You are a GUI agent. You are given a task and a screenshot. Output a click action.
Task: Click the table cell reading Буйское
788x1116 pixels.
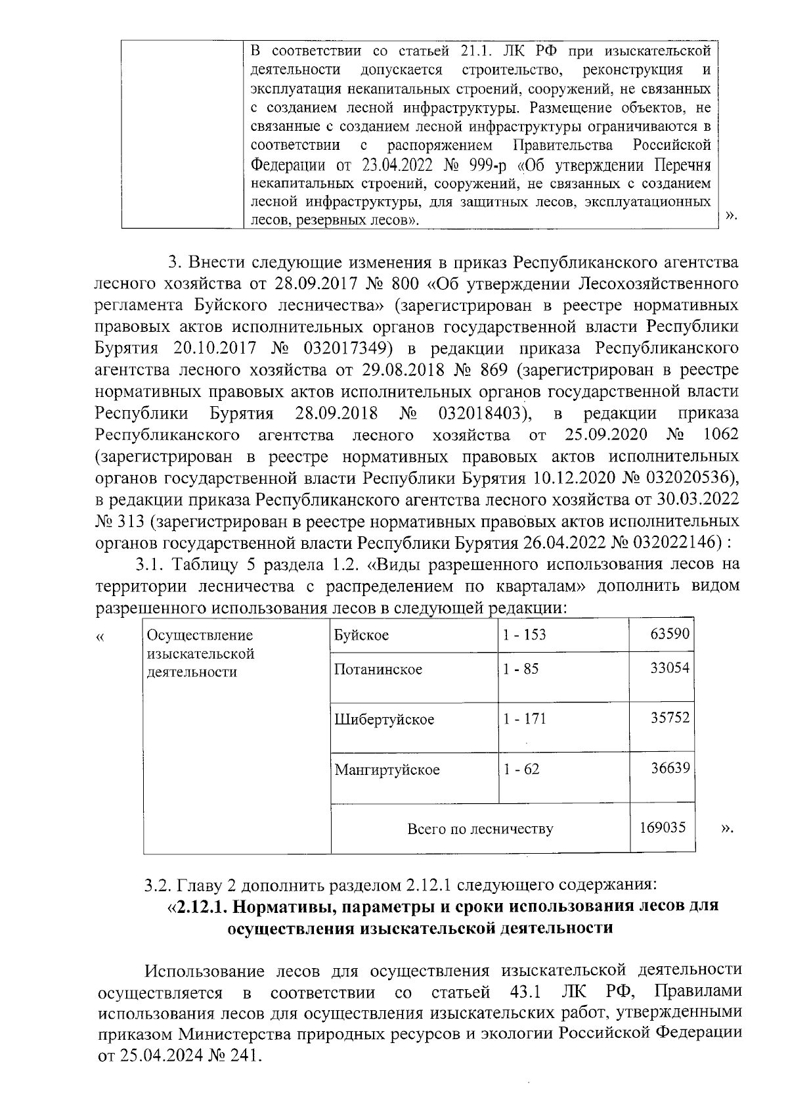click(361, 636)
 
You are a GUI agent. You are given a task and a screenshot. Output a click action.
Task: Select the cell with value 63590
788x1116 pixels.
click(670, 635)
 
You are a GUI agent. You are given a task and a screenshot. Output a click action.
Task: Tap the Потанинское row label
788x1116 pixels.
click(378, 670)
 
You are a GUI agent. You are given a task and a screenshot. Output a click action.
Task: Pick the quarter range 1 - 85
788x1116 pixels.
click(521, 670)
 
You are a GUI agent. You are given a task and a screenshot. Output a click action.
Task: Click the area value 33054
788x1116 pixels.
click(670, 668)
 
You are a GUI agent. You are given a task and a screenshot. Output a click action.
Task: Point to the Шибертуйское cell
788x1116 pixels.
click(384, 719)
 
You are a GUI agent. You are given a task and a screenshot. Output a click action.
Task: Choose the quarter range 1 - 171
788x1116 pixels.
click(525, 719)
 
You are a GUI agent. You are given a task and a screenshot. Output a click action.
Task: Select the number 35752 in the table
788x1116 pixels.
click(670, 718)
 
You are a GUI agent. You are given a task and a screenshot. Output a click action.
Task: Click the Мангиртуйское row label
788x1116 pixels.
click(387, 770)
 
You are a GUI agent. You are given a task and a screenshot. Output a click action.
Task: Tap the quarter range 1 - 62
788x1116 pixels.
click(521, 769)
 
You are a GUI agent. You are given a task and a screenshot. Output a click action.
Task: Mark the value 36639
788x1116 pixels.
click(670, 768)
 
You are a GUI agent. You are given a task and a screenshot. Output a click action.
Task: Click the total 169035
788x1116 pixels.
click(663, 827)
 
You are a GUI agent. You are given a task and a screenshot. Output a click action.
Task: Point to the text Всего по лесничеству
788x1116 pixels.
click(480, 829)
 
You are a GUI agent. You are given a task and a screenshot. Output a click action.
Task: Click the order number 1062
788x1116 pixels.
click(720, 434)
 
